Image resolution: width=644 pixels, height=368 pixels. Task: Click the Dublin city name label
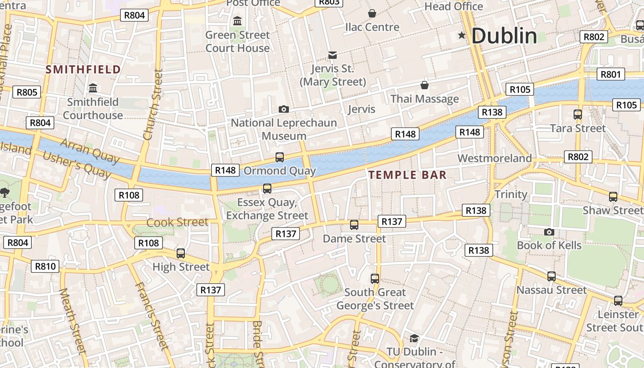(504, 36)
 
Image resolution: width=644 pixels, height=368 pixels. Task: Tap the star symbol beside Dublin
(462, 35)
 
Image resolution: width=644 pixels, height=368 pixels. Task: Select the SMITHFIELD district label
(83, 69)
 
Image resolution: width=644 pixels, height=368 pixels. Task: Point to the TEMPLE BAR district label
(408, 175)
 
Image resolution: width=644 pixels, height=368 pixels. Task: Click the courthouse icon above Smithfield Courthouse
(93, 87)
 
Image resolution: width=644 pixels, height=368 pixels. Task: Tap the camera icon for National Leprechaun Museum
(284, 109)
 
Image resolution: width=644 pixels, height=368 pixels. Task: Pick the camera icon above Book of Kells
(549, 232)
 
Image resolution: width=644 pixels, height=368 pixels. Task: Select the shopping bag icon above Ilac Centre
(372, 13)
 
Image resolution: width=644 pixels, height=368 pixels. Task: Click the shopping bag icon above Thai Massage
(425, 85)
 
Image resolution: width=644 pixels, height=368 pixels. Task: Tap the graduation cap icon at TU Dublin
(414, 339)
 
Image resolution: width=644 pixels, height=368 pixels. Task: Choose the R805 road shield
(27, 92)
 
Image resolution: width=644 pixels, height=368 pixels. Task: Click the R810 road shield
(45, 266)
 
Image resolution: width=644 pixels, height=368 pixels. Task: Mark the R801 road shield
(611, 74)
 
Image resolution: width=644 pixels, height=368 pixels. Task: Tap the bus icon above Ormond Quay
(280, 157)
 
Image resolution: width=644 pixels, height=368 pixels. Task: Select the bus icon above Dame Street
(354, 225)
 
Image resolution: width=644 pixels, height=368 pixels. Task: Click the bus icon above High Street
(181, 253)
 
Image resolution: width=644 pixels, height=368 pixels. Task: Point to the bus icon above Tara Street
(578, 115)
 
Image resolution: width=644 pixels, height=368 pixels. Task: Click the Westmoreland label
(494, 158)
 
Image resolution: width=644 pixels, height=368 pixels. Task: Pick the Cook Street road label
(177, 222)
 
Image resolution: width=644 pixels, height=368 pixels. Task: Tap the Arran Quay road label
(89, 150)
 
